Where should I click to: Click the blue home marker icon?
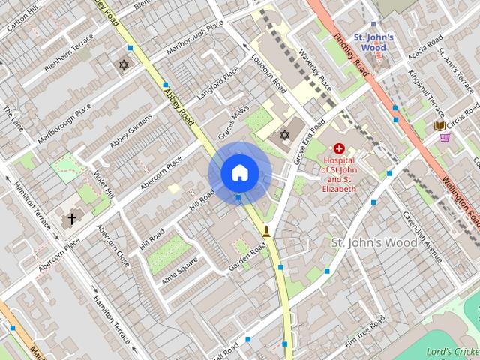point(239,173)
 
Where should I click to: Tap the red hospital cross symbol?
point(340,149)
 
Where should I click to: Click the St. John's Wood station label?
point(369,42)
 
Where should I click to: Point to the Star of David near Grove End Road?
point(284,135)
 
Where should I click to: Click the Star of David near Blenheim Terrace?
point(124,65)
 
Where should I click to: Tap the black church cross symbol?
point(72,219)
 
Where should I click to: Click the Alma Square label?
point(180,271)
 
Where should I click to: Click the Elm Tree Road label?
point(364,331)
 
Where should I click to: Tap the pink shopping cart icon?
point(445,137)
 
